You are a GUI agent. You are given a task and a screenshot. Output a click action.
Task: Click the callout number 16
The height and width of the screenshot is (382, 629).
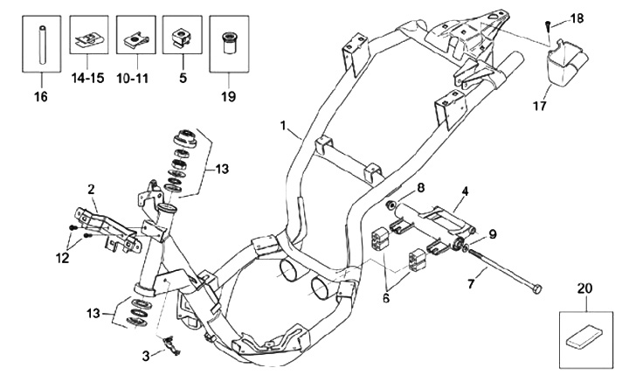tap(41, 97)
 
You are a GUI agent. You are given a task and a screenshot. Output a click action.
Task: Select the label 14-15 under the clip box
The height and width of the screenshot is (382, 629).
tap(88, 78)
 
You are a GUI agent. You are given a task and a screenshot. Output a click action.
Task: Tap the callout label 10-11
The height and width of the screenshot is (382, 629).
tap(133, 78)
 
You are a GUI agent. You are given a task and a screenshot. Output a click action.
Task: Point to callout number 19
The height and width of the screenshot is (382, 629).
tap(228, 97)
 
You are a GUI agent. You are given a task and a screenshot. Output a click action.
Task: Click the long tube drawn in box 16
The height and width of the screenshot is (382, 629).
tap(42, 45)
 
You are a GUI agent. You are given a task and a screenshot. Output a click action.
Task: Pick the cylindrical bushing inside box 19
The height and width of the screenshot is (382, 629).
tap(230, 44)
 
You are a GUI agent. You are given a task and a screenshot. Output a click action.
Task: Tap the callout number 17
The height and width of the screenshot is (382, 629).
tap(541, 106)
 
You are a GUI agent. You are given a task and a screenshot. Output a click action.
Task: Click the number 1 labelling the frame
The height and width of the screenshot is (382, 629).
tap(284, 126)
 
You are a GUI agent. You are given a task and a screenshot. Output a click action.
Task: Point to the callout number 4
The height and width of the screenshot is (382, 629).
tap(465, 191)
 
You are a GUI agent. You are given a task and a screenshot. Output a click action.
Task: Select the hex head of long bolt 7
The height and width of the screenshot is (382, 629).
tap(537, 288)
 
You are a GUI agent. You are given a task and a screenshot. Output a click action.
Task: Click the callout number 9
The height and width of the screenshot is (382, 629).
tap(493, 234)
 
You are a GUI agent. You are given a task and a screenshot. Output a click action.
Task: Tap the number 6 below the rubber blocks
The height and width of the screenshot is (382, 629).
tap(386, 298)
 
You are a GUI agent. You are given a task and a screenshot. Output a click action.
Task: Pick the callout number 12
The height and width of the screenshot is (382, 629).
tap(63, 258)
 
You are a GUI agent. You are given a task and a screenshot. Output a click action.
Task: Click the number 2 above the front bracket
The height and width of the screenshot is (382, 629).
tap(92, 190)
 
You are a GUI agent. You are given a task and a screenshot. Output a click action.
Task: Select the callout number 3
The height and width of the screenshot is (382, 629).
tap(146, 356)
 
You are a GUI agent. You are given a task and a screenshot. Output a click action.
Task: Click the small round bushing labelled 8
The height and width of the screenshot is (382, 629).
tap(390, 205)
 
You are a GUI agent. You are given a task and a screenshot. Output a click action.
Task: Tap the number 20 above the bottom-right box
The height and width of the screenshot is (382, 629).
tap(585, 288)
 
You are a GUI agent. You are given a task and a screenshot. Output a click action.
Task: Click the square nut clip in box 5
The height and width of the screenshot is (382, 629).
tap(181, 37)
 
